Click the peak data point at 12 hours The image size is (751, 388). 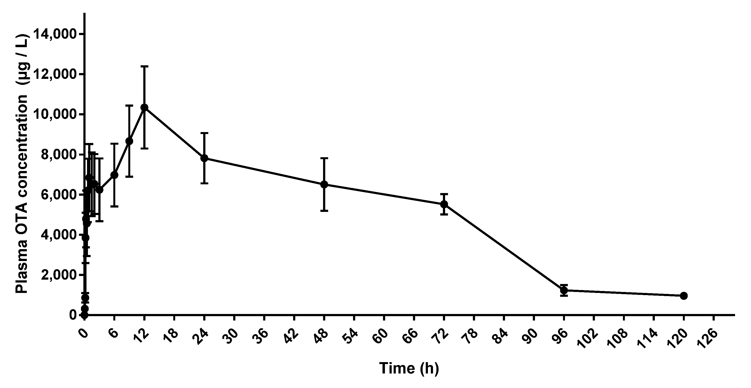[x=144, y=107]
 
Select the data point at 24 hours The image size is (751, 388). [x=204, y=158]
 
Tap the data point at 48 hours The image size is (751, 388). [x=324, y=184]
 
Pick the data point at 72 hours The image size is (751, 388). [x=444, y=204]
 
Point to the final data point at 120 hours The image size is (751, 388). [x=684, y=296]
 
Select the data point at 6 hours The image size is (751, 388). [x=114, y=175]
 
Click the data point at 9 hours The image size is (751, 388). [x=129, y=141]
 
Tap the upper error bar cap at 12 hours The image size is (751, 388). [x=144, y=67]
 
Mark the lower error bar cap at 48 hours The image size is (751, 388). [x=324, y=210]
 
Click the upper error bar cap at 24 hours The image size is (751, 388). [x=204, y=133]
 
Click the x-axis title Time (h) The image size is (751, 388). [x=409, y=368]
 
